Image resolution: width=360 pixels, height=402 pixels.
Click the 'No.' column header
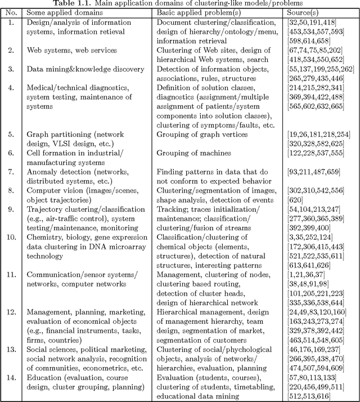click(11, 12)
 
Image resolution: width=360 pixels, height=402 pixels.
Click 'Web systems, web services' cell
click(72, 50)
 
